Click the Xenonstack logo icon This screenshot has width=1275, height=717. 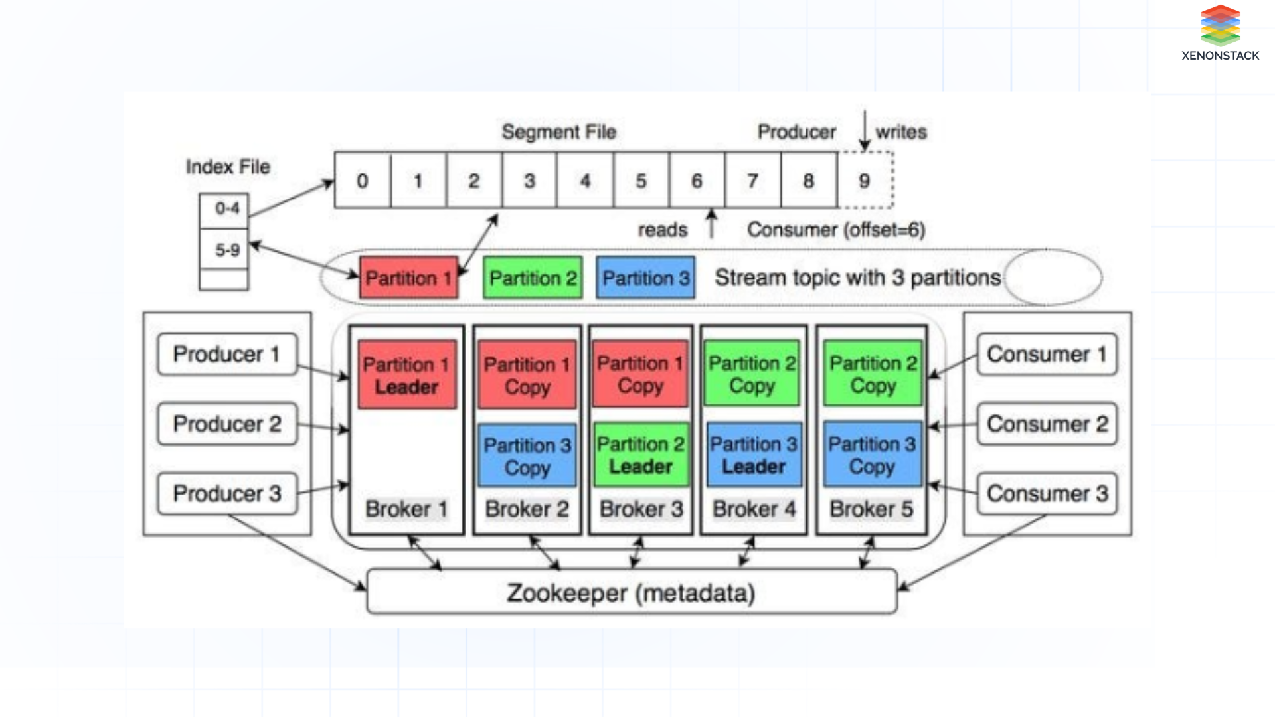(1220, 25)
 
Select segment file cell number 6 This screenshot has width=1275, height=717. (697, 181)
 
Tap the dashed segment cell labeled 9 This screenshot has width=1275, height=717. (865, 181)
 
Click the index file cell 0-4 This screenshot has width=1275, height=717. (224, 209)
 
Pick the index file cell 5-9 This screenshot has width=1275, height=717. (224, 250)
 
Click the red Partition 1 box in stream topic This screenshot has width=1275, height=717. (408, 278)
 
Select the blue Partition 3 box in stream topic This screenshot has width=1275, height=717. (645, 278)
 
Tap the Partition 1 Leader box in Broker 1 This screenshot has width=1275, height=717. (407, 375)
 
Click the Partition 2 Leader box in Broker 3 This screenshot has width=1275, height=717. (641, 455)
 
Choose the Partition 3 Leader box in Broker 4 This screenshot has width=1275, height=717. (754, 455)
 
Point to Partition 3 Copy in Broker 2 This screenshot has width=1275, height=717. (527, 456)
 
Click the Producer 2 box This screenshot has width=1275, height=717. (227, 424)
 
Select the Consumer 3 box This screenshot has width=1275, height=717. (1047, 493)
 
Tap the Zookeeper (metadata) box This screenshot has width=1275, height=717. (632, 592)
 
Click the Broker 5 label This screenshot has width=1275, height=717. (871, 509)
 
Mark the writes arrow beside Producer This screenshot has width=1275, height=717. (865, 130)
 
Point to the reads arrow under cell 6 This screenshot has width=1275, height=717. (711, 224)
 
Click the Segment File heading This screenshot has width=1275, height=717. (558, 132)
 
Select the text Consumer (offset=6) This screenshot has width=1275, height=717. (835, 230)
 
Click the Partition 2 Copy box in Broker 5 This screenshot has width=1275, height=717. (873, 374)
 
